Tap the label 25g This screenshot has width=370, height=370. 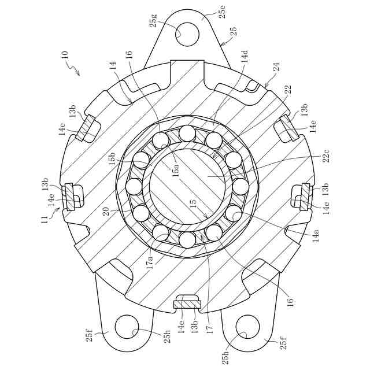[x=154, y=21]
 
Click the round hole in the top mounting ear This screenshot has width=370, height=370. [x=187, y=34]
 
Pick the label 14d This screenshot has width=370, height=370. [x=245, y=56]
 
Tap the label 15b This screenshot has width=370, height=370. [x=113, y=158]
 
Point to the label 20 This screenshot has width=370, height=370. [x=106, y=212]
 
